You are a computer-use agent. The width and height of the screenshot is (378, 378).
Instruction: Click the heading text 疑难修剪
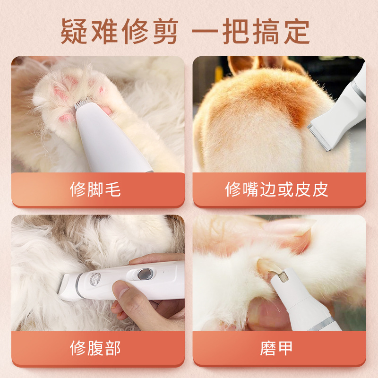[x=120, y=31]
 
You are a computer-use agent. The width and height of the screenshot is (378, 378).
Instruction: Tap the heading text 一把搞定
[x=250, y=31]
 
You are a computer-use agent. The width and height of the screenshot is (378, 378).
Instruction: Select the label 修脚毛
[x=95, y=189]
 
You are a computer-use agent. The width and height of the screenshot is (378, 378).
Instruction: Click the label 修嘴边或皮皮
[x=276, y=189]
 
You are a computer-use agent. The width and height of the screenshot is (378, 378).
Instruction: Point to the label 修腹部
[x=95, y=348]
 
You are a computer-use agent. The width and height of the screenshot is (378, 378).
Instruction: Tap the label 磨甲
[x=276, y=348]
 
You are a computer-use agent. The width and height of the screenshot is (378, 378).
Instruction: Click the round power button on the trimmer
[x=145, y=274]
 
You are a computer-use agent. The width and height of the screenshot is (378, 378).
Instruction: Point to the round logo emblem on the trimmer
[x=95, y=279]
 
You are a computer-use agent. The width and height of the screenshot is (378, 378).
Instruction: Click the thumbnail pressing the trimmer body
[x=120, y=289]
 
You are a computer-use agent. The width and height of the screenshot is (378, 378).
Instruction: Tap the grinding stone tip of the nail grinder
[x=282, y=277]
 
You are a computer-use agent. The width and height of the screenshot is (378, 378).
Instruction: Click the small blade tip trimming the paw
[x=83, y=103]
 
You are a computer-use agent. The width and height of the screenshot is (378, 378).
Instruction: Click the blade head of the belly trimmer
[x=68, y=287]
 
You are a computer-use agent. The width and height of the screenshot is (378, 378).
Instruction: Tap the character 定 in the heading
[x=296, y=31]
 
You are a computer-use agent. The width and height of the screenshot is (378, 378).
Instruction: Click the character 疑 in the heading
[x=74, y=31]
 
